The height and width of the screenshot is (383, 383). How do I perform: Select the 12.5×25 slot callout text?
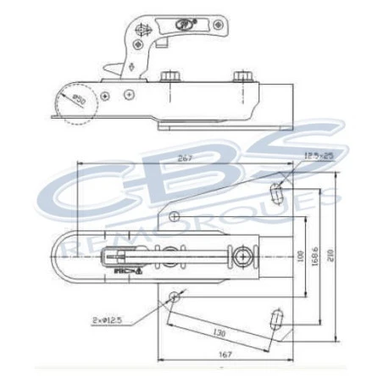pyautogui.click(x=317, y=155)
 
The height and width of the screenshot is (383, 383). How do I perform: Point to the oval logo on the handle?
pyautogui.click(x=183, y=25)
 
